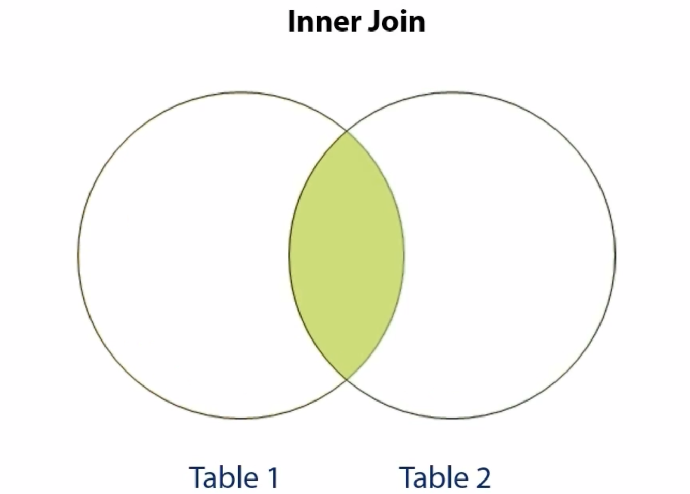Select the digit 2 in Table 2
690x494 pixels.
pos(481,477)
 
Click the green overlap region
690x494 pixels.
pos(347,255)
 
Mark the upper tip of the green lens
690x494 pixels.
pos(347,132)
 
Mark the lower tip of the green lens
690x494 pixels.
pos(347,379)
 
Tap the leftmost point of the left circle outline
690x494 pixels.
pos(78,255)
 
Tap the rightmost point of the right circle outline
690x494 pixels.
pos(616,255)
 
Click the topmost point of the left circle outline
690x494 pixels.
pos(241,93)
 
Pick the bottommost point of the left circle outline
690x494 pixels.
pos(241,418)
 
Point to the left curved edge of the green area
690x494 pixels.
pos(289,255)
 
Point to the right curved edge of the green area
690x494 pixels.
pos(404,255)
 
